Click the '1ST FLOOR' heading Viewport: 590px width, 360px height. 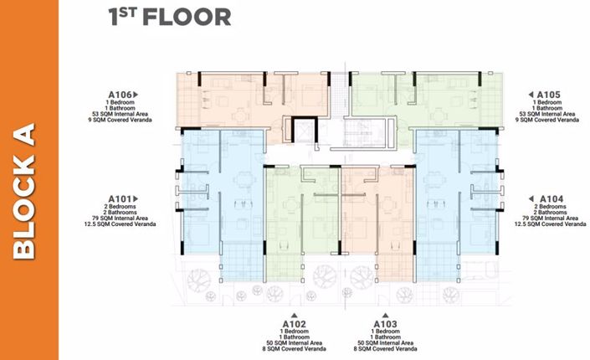[x=169, y=18]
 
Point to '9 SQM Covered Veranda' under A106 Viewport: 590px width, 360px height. [x=119, y=121]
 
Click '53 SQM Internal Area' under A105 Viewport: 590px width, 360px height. [x=547, y=114]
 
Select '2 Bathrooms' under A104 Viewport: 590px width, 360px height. [x=551, y=213]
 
